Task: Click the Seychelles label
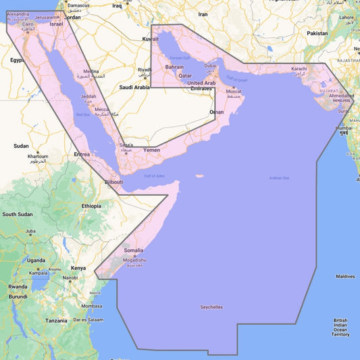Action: point(211,307)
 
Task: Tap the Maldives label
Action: point(345,276)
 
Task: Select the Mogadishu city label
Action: point(134,260)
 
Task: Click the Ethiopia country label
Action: point(91,205)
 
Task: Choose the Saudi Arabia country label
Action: point(134,87)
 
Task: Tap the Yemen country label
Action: point(151,149)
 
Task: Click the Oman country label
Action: point(216,111)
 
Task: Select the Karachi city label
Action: point(299,69)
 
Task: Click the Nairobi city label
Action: point(70,278)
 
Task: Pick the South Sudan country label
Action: point(18,214)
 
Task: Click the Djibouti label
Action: point(113,182)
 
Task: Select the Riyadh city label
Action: point(145,70)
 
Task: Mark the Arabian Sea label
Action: point(279,178)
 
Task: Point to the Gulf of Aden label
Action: point(154,176)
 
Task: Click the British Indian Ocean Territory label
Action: point(340,327)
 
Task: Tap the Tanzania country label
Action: point(57,320)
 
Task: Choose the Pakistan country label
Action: point(317,33)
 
